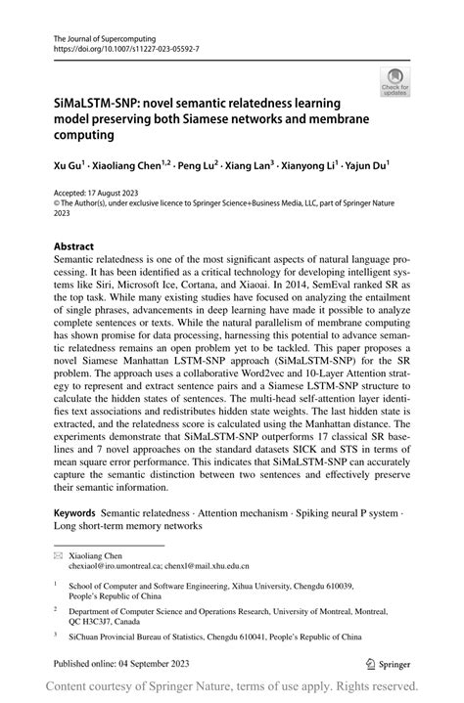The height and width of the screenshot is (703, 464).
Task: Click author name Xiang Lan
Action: click(x=246, y=168)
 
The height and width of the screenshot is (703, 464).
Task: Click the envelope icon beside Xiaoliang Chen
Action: click(x=44, y=553)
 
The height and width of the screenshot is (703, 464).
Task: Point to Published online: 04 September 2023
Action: click(x=107, y=660)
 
